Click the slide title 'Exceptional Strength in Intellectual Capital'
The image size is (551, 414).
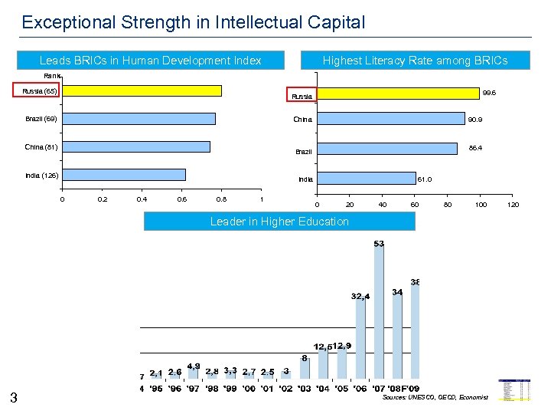194,22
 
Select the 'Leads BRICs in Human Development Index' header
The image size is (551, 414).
150,61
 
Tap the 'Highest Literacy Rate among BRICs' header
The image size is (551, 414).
415,61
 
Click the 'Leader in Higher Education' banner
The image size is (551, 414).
279,222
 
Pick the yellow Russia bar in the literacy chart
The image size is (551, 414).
397,93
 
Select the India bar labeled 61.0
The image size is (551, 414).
366,178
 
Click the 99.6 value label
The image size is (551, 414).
489,93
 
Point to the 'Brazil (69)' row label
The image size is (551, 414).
41,119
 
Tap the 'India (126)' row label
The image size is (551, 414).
41,176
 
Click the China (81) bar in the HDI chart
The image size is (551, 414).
135,147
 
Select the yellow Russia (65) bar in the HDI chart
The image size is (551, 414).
142,90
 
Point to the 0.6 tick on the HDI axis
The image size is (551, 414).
181,199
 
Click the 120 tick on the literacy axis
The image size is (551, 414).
514,205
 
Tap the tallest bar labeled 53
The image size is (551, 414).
379,314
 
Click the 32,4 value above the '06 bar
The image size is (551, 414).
360,296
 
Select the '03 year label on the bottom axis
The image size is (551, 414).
305,389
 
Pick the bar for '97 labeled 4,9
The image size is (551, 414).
194,378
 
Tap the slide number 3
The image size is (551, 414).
14,396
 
